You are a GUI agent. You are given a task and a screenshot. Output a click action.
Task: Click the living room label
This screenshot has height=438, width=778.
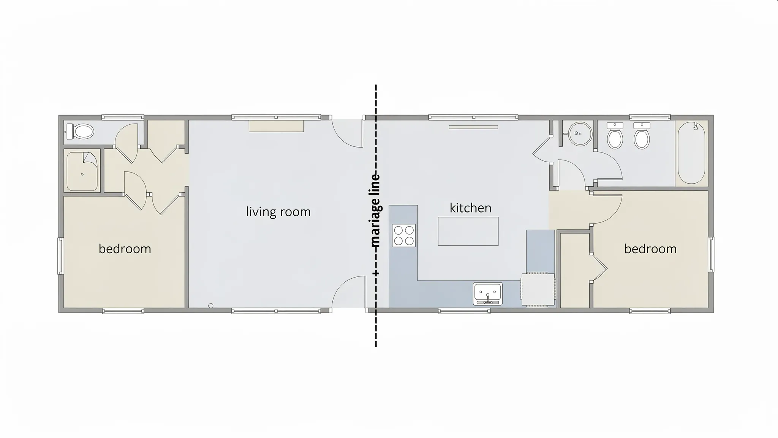(278, 212)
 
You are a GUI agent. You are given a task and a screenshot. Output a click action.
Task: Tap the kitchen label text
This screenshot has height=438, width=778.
(470, 208)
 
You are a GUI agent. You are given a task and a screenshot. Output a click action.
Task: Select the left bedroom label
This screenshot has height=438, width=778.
(125, 249)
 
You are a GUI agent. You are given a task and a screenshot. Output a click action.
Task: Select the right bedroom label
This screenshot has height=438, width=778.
(650, 249)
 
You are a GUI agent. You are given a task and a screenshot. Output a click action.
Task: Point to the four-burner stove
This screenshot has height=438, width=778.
(404, 235)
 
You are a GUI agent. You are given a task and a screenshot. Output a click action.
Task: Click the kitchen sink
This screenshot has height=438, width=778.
(487, 294)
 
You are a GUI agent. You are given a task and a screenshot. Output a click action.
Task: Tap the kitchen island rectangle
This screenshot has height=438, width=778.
(468, 231)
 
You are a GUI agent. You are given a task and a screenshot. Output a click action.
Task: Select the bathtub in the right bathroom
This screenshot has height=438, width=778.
(691, 153)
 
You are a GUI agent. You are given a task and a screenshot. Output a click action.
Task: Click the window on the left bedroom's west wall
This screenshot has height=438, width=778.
(60, 255)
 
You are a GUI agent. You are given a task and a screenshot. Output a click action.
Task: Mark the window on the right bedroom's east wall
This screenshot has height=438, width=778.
(712, 254)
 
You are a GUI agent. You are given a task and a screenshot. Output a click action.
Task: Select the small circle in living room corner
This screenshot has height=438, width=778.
(211, 306)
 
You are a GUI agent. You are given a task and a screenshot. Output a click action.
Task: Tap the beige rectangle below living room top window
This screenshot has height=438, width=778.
(276, 126)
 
